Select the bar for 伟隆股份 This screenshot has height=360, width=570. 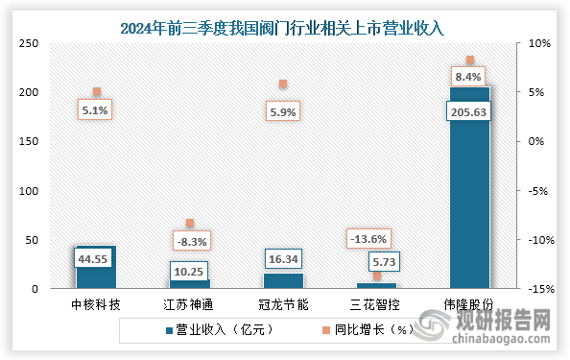click(469, 192)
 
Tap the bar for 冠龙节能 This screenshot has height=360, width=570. click(283, 280)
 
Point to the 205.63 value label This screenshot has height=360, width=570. click(469, 111)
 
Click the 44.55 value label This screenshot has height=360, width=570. click(96, 258)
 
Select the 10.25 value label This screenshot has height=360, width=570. click(190, 272)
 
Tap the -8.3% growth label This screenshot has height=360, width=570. click(190, 241)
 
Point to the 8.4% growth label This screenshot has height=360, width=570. click(469, 76)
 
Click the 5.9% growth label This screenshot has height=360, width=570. click(283, 112)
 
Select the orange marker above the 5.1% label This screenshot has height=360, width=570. click(96, 92)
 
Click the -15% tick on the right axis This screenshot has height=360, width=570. click(538, 289)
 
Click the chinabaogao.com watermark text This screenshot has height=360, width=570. click(504, 338)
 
